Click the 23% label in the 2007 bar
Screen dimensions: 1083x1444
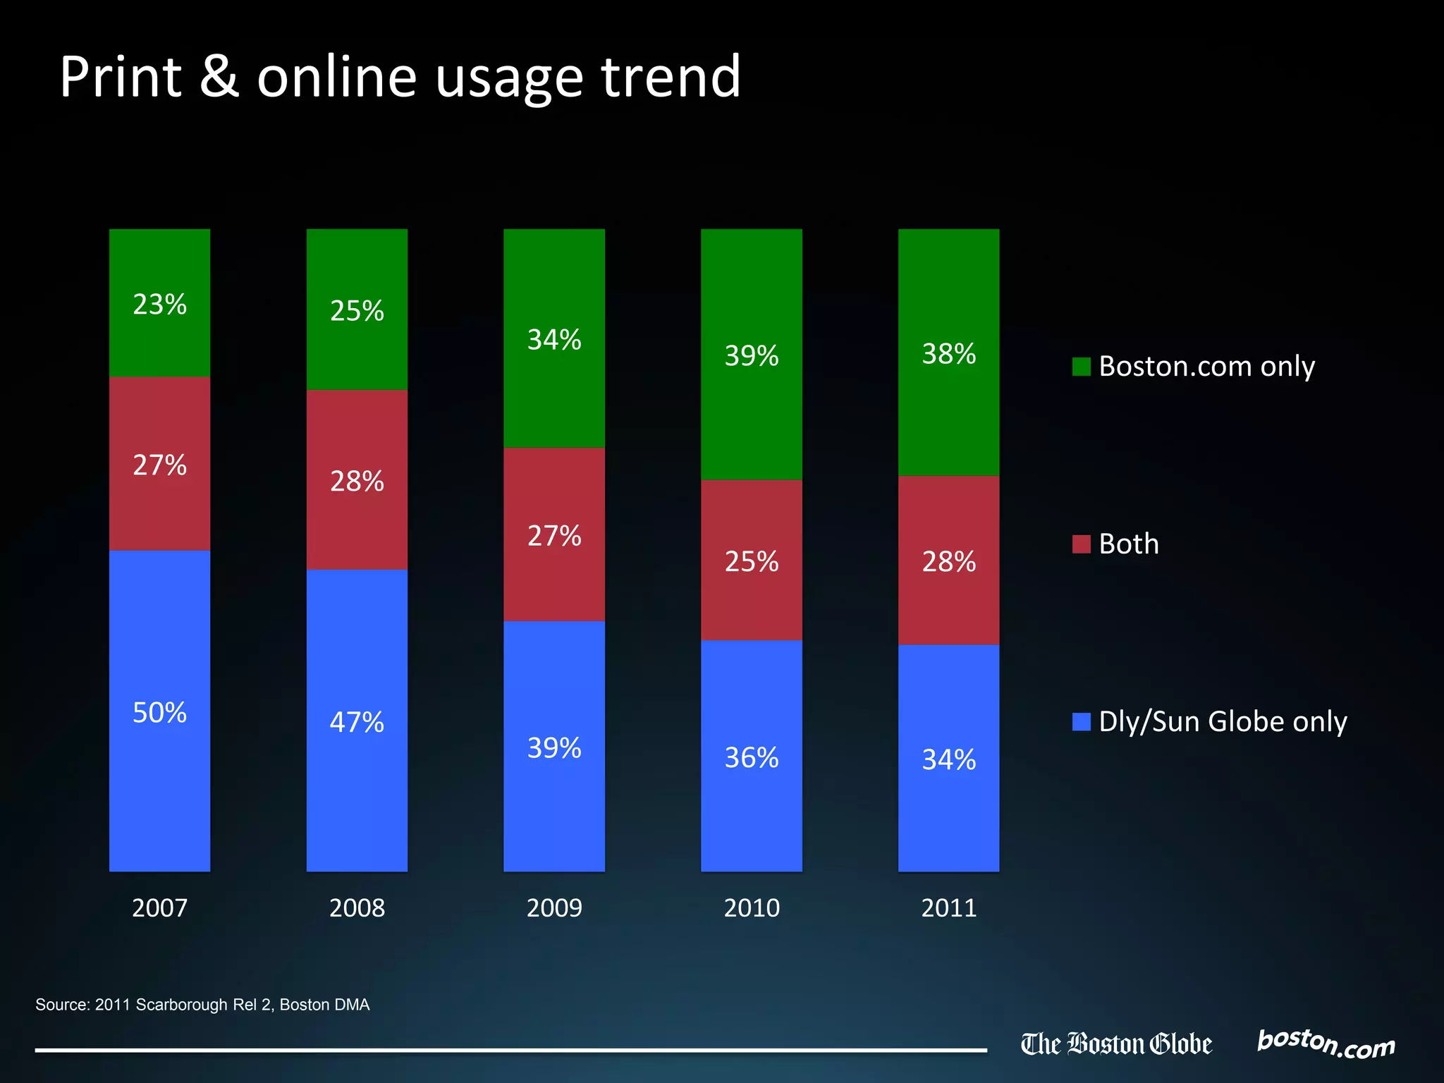[159, 305]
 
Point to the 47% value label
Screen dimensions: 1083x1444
[357, 723]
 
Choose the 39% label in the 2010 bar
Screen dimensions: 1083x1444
[752, 356]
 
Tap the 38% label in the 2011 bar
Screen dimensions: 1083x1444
[948, 354]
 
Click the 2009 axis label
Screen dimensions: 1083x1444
[554, 907]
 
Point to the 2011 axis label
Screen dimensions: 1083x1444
[948, 907]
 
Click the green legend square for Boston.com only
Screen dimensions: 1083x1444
[1081, 367]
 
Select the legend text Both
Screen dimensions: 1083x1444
[1128, 544]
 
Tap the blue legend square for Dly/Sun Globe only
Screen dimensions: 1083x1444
[1081, 722]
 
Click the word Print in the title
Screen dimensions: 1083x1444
[121, 77]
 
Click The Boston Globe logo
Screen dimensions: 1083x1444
[1116, 1044]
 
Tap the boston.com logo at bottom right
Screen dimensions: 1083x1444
[1326, 1044]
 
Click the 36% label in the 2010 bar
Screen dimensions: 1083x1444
[752, 758]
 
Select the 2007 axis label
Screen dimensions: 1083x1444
[159, 907]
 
